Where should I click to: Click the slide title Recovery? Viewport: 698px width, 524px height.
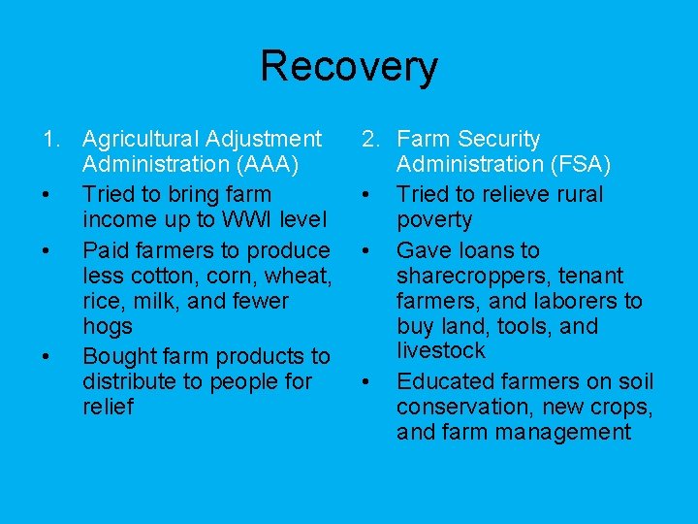[x=348, y=67]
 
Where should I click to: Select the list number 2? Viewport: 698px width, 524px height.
[x=369, y=141]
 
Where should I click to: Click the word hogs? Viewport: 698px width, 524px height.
[x=108, y=326]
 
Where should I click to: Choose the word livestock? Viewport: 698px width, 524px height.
[x=441, y=350]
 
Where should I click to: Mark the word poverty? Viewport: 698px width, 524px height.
[x=434, y=219]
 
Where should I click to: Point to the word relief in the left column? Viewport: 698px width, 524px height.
[x=109, y=407]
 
